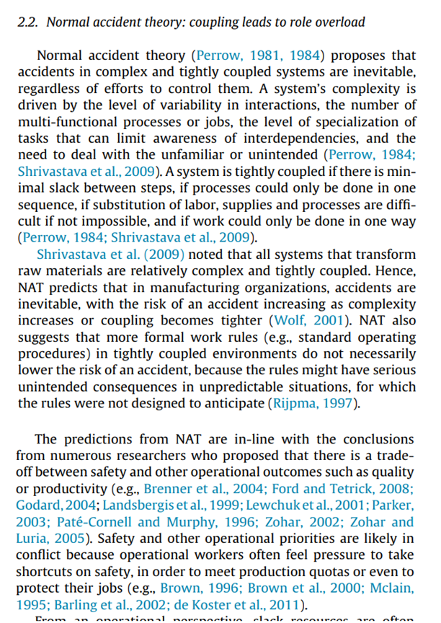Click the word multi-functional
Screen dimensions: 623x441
pos(64,121)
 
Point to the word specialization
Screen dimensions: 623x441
pos(353,121)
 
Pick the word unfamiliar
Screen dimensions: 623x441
pos(176,154)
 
